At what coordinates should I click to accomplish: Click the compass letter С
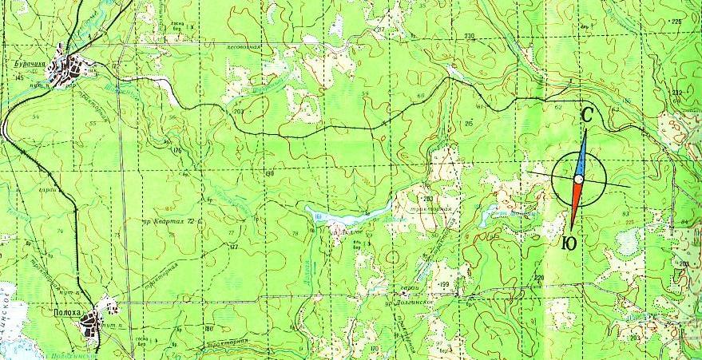coord(586,116)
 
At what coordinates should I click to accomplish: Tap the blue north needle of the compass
coord(581,152)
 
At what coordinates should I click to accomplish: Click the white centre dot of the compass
coord(578,180)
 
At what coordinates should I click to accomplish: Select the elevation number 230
coord(469,37)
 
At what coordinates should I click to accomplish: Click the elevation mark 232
coord(678,93)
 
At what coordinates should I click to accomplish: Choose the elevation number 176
coord(177,150)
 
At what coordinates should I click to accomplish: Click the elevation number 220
coord(539,278)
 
